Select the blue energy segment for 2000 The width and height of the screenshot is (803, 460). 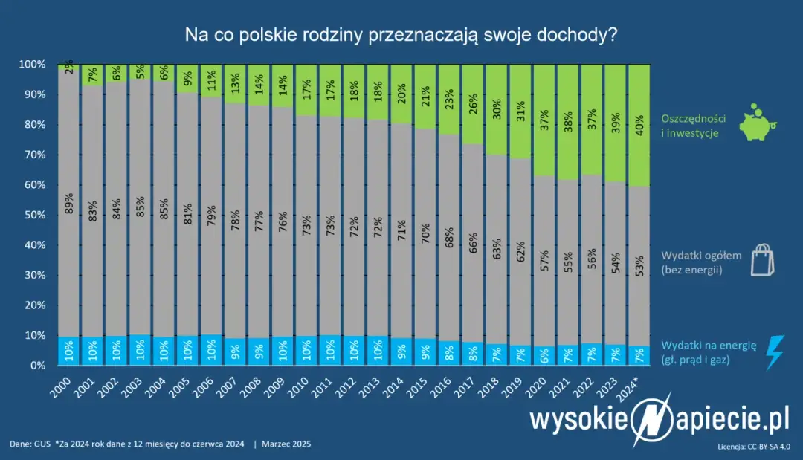click(x=68, y=351)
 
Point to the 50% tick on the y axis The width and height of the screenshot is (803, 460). click(x=36, y=215)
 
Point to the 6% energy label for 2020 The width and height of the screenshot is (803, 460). click(x=544, y=355)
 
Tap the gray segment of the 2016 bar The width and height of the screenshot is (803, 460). click(x=449, y=238)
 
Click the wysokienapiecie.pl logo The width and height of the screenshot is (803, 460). click(x=659, y=421)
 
